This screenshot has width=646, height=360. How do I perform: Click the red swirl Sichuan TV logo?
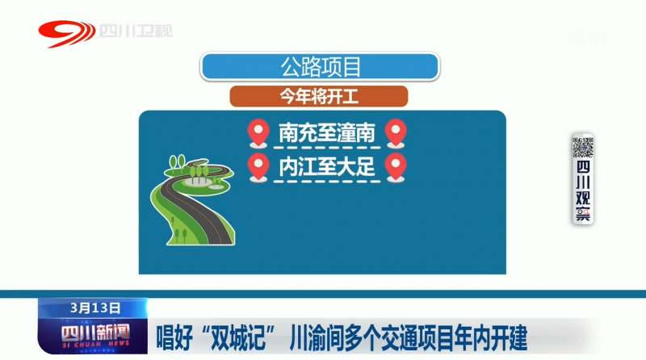pyautogui.click(x=66, y=33)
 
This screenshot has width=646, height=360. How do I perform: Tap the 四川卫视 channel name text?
pyautogui.click(x=136, y=31)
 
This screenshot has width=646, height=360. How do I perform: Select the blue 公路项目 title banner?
pyautogui.click(x=320, y=66)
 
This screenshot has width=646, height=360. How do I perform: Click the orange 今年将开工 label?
pyautogui.click(x=319, y=97)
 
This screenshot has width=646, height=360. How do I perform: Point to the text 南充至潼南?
pyautogui.click(x=327, y=132)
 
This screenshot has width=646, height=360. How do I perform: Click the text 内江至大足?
pyautogui.click(x=327, y=166)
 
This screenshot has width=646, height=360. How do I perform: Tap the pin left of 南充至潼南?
pyautogui.click(x=258, y=133)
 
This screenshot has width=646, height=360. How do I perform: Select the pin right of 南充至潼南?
pyautogui.click(x=396, y=133)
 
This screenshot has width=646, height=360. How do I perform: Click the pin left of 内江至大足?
pyautogui.click(x=258, y=168)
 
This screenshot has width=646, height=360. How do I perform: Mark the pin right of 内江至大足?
pyautogui.click(x=396, y=168)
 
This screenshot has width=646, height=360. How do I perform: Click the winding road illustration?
pyautogui.click(x=193, y=201)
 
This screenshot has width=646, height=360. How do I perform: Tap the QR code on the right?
pyautogui.click(x=582, y=147)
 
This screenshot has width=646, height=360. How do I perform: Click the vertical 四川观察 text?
pyautogui.click(x=583, y=190)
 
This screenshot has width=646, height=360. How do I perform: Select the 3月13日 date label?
pyautogui.click(x=94, y=308)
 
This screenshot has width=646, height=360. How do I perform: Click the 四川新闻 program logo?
pyautogui.click(x=95, y=335)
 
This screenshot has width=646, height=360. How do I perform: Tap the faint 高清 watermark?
pyautogui.click(x=588, y=38)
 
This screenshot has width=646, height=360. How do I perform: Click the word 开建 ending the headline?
pyautogui.click(x=510, y=337)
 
